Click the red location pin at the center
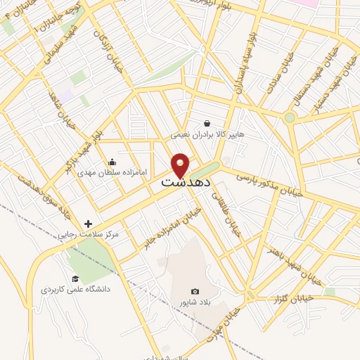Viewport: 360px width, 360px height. pyautogui.click(x=181, y=165)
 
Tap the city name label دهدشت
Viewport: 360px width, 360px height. pyautogui.click(x=181, y=182)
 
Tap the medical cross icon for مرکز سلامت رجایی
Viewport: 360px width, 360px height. pyautogui.click(x=88, y=224)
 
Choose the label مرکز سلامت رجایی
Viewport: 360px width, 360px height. pyautogui.click(x=90, y=234)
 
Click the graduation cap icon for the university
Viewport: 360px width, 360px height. pyautogui.click(x=75, y=278)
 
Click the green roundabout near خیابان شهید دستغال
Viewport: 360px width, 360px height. pyautogui.click(x=290, y=117)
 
